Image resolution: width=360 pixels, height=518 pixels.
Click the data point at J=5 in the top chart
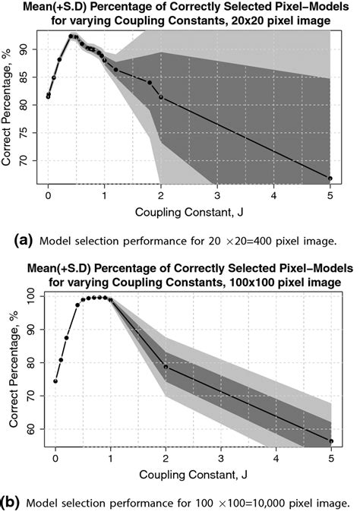pos(330,178)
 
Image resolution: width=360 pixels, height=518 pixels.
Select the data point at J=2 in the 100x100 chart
pos(166,367)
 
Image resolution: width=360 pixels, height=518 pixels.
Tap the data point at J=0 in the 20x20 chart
pos(48,96)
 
